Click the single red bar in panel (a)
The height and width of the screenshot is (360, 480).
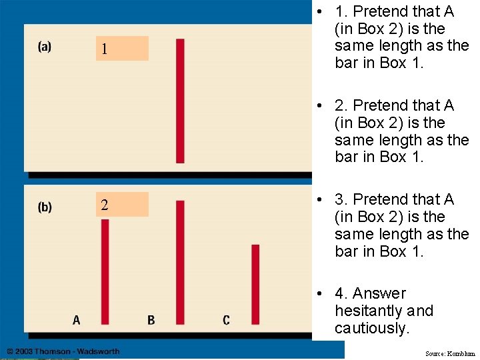180,101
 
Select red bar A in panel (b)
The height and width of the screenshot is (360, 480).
105,271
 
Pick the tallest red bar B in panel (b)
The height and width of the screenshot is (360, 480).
180,262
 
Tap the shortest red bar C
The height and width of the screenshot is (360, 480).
255,284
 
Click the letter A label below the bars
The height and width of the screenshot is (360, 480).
77,321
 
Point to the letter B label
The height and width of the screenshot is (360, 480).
151,321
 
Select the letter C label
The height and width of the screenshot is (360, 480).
227,321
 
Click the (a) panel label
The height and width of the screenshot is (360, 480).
45,47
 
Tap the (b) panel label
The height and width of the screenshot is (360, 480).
45,207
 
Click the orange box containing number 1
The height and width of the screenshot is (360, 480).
122,49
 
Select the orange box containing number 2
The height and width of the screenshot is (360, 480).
122,205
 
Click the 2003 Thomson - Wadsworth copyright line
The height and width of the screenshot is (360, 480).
63,351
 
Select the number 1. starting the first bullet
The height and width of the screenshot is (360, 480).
341,11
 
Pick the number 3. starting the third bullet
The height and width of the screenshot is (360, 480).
341,199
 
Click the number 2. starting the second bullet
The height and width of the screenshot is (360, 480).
341,105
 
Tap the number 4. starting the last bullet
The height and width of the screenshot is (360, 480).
341,293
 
